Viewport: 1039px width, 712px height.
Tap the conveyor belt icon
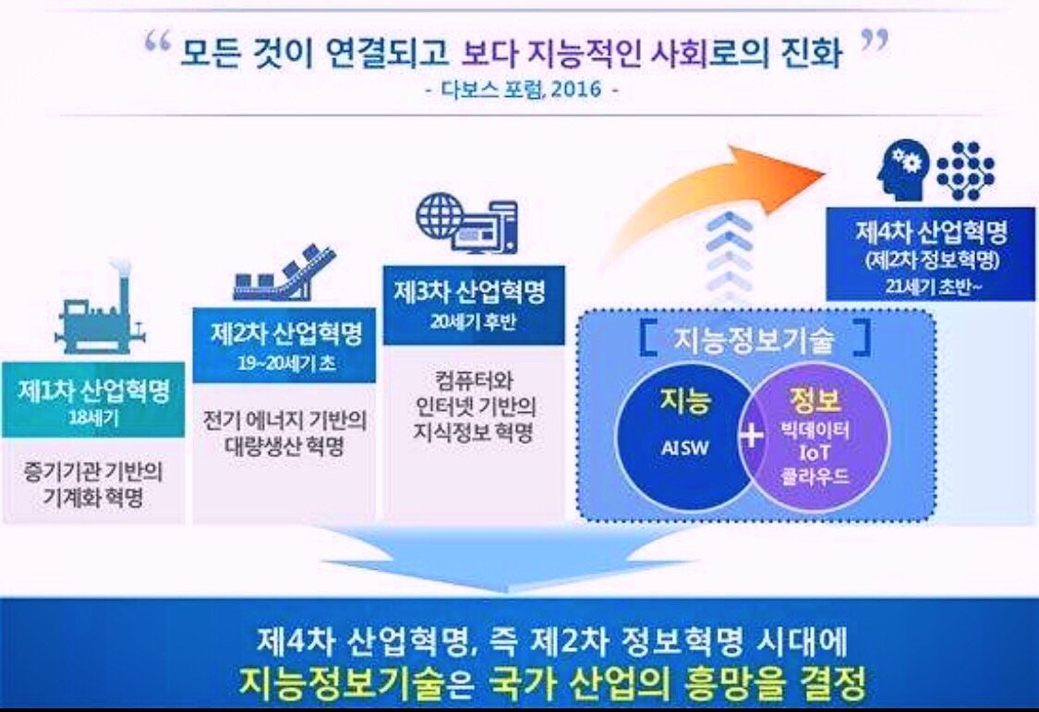click(x=285, y=273)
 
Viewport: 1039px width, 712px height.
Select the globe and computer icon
click(x=467, y=223)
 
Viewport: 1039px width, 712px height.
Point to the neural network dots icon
click(x=966, y=171)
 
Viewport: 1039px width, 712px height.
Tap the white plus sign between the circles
click(x=752, y=437)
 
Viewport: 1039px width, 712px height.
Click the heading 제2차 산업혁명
click(x=286, y=333)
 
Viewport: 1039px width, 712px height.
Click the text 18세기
click(x=94, y=418)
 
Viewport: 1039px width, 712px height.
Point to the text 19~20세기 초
click(x=286, y=363)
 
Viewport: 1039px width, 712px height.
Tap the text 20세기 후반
click(x=473, y=322)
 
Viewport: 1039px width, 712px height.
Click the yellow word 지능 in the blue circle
click(x=684, y=402)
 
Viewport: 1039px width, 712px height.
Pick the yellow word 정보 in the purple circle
click(x=815, y=399)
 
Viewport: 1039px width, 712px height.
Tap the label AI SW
click(x=684, y=449)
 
